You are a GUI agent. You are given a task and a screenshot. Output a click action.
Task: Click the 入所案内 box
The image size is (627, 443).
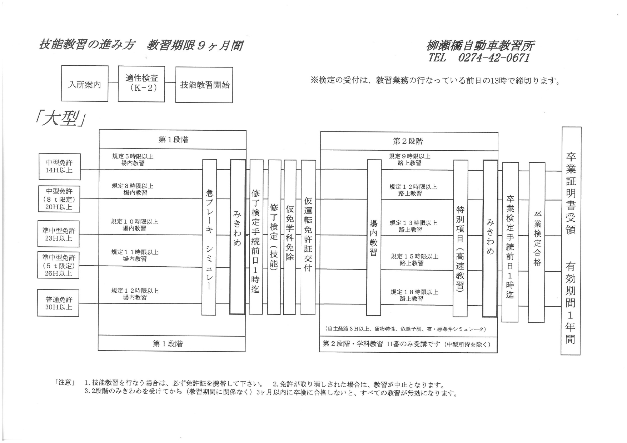point(85,84)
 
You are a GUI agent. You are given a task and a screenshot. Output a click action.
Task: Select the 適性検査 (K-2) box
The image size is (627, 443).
point(141,83)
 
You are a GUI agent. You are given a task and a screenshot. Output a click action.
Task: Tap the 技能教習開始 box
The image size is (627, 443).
point(204,85)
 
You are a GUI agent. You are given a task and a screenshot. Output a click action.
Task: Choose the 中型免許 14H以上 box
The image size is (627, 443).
point(59,167)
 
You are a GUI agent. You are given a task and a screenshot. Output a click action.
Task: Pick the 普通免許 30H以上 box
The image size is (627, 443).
point(58,303)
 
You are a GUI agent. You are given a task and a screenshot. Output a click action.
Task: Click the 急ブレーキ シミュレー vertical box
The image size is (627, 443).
point(209,237)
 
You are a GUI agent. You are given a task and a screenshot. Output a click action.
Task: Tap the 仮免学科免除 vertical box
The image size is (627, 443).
point(289,237)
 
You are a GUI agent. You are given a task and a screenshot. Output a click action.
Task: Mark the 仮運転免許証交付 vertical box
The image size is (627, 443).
point(308,237)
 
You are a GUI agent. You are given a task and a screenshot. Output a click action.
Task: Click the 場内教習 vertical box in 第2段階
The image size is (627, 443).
point(374,237)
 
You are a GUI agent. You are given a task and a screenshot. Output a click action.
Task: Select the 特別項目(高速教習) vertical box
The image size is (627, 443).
point(461,238)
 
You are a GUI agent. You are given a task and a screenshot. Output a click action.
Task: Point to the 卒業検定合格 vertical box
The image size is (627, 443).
point(537,242)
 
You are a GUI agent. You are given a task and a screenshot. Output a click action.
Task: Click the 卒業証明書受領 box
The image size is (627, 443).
point(571,241)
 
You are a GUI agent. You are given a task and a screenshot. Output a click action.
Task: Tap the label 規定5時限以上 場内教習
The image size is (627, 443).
point(133,160)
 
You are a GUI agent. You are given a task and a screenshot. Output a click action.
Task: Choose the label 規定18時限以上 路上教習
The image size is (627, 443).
point(414,295)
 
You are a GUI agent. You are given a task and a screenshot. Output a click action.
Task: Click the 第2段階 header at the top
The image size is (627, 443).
point(408,141)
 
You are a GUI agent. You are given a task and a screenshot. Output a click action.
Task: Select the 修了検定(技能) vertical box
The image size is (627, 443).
point(274,237)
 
